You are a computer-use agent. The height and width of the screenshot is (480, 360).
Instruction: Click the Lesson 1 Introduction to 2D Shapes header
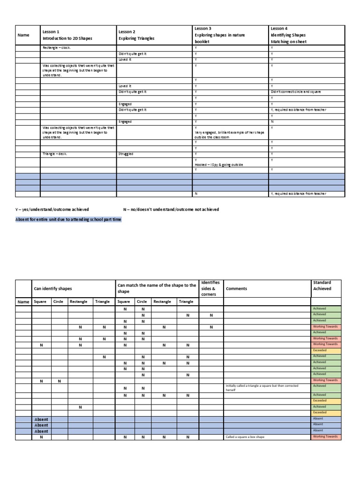click(67, 35)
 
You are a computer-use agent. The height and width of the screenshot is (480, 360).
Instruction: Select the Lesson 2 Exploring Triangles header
click(136, 35)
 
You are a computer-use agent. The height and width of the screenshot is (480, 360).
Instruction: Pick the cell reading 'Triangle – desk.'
click(55, 153)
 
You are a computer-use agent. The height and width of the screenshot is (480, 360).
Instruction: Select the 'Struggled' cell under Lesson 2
click(126, 153)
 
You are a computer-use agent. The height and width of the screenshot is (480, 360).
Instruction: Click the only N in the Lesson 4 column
click(272, 121)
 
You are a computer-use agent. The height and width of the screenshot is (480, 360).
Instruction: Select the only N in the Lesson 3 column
click(195, 194)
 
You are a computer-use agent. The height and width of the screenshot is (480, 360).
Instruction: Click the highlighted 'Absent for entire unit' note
click(69, 219)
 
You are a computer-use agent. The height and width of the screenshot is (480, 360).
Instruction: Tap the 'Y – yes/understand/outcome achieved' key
click(52, 209)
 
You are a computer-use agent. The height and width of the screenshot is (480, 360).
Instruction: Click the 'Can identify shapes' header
click(52, 289)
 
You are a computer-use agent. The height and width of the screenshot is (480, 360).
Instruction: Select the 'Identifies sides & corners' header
click(210, 288)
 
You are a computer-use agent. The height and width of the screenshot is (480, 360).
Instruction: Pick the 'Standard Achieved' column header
click(322, 285)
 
